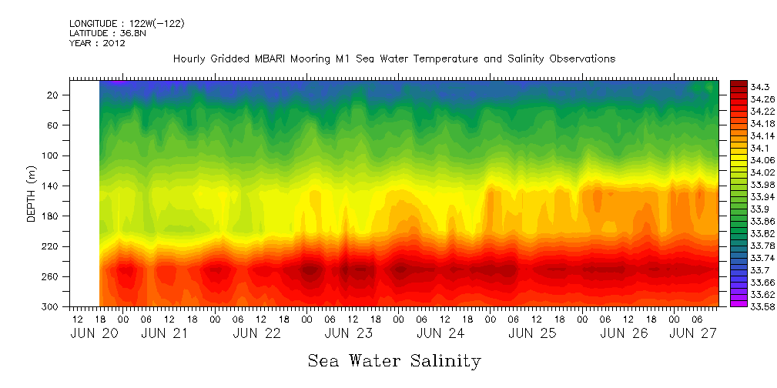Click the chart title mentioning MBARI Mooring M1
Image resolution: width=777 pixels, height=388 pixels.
tap(394, 59)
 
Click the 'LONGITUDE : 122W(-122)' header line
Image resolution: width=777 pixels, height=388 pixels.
tap(126, 24)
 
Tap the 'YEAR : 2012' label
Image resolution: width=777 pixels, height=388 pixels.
tap(97, 43)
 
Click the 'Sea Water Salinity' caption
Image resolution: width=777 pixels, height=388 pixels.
tap(394, 360)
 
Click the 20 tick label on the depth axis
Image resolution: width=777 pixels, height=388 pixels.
tap(53, 95)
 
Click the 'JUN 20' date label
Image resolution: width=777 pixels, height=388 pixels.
tap(90, 333)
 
